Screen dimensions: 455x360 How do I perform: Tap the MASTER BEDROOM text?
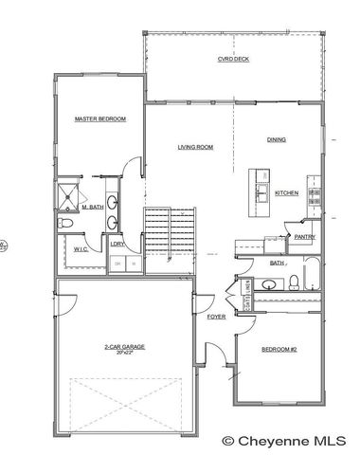tap(100, 118)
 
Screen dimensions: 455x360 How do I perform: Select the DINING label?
tap(276, 140)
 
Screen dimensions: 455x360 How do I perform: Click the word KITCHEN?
tap(286, 193)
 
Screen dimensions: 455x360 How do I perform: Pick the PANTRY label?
tap(304, 237)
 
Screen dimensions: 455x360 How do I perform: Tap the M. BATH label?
tap(92, 207)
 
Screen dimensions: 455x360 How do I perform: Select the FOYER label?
tap(215, 317)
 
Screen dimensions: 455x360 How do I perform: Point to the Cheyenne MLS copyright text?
tap(284, 441)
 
